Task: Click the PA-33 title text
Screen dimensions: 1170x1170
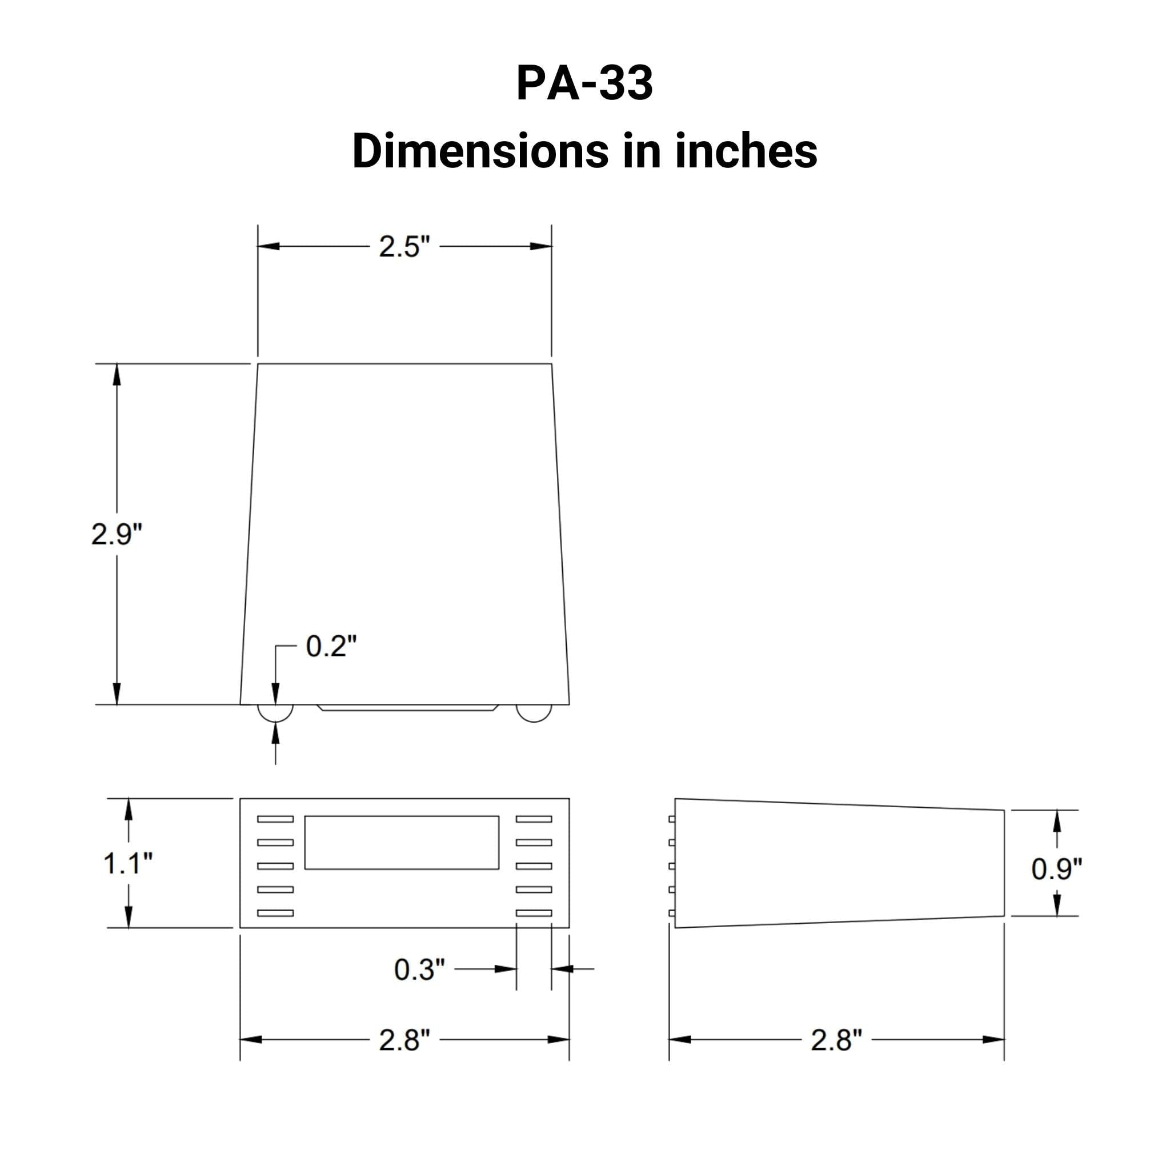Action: (584, 83)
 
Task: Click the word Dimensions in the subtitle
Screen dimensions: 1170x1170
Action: (480, 151)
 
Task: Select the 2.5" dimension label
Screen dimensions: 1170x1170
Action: (404, 246)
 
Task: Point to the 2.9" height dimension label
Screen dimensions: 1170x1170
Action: (117, 534)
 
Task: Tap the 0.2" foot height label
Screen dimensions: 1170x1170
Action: (331, 646)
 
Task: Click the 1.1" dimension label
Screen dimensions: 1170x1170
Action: (128, 863)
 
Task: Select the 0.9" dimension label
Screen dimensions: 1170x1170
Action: (1056, 869)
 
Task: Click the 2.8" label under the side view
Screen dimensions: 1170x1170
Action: (836, 1040)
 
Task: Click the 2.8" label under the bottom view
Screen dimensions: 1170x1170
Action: (404, 1040)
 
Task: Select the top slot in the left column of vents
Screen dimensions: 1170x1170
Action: (275, 819)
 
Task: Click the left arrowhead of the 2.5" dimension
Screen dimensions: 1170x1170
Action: (269, 246)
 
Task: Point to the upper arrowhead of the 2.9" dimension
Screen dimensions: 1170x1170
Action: (117, 374)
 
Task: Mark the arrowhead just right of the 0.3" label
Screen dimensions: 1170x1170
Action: (505, 969)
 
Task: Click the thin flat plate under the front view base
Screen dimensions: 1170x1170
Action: (407, 707)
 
